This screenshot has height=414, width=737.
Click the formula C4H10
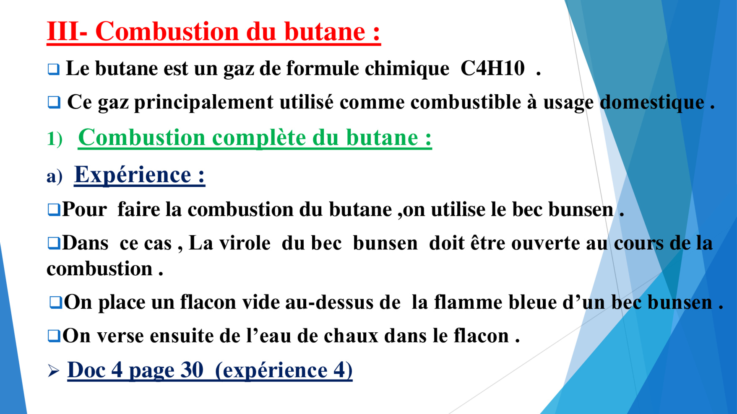(492, 68)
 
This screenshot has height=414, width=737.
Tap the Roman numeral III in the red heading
(63, 31)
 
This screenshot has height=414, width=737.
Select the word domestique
(652, 102)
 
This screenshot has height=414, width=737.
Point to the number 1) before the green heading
(55, 139)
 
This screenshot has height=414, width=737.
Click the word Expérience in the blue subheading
(133, 174)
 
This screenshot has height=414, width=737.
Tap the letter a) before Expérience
(55, 176)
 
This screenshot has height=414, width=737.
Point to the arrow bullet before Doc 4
(53, 370)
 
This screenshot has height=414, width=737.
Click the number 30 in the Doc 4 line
(192, 370)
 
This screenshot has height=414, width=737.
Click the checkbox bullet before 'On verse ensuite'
(54, 336)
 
